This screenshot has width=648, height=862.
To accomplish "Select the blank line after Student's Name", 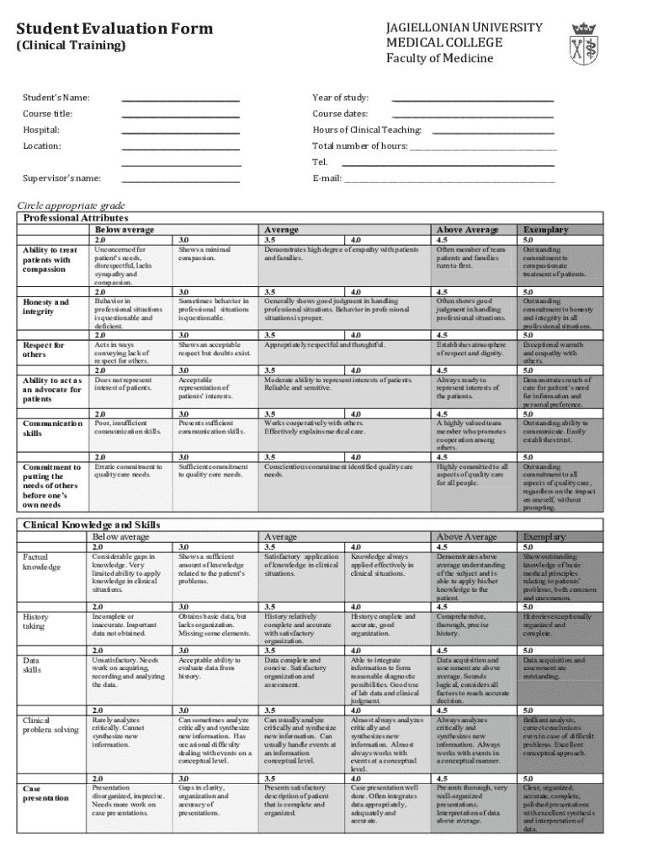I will pyautogui.click(x=180, y=99).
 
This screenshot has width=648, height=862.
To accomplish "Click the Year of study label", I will pyautogui.click(x=341, y=98).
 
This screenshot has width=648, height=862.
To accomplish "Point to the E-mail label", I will pyautogui.click(x=327, y=178).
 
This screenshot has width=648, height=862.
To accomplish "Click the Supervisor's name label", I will pyautogui.click(x=63, y=178).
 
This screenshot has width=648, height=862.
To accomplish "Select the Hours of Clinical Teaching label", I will pyautogui.click(x=367, y=130).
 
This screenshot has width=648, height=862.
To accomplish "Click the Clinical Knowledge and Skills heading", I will pyautogui.click(x=91, y=524).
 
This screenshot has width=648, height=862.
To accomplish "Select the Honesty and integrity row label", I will pyautogui.click(x=46, y=306).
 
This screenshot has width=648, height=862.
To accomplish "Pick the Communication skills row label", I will pyautogui.click(x=52, y=428).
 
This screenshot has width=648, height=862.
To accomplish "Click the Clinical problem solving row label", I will pyautogui.click(x=50, y=725).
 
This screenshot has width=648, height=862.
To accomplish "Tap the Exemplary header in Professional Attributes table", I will pyautogui.click(x=545, y=229).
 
